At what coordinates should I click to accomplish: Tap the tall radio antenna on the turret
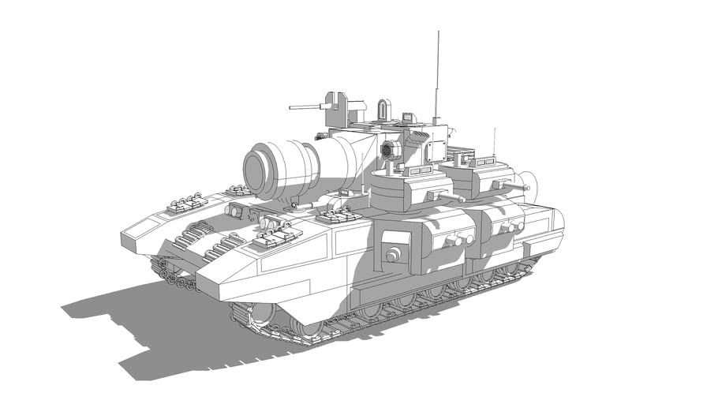[x=435, y=75]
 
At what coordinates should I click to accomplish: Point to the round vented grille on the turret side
[x=387, y=151]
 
